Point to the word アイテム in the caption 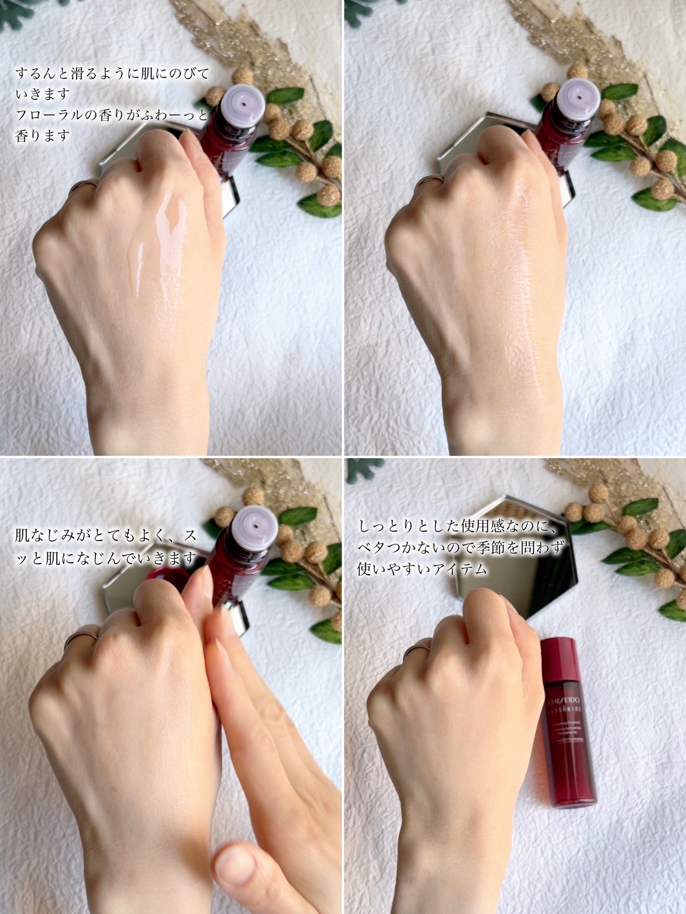[457, 569]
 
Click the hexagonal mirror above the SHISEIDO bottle [520, 554]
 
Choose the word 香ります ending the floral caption [42, 136]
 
